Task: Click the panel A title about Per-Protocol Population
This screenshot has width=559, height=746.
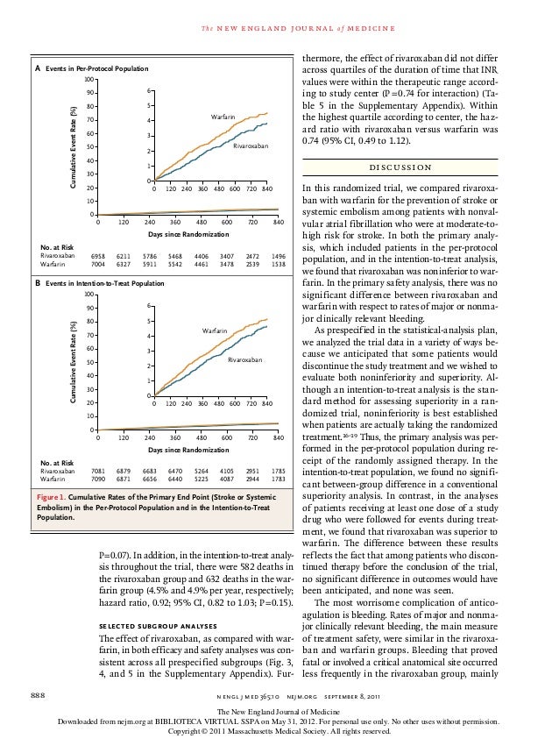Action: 97,67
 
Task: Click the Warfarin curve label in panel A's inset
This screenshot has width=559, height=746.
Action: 225,117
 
